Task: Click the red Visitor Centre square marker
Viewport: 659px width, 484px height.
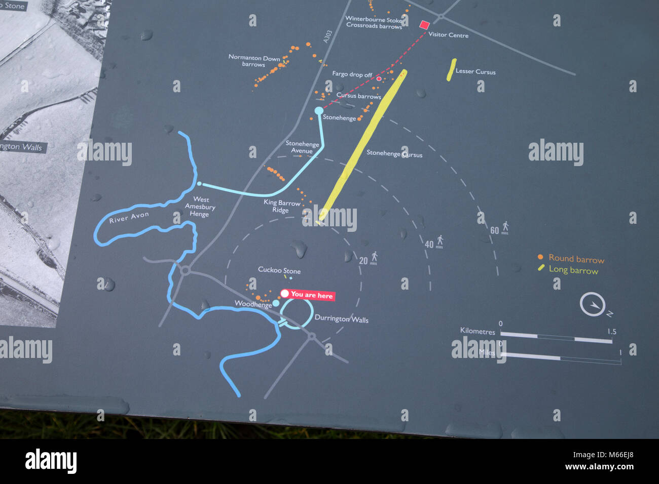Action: point(424,24)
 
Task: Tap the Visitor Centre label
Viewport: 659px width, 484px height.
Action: point(448,35)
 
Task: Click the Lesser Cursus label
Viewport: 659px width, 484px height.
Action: point(475,71)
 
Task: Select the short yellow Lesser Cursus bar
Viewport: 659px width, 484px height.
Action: point(451,69)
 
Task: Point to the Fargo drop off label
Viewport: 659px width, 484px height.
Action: point(352,74)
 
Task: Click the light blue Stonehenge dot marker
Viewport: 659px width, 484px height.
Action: point(318,110)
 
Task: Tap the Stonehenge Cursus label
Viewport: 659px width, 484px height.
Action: point(394,153)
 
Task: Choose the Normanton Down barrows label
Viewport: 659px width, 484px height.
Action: point(254,61)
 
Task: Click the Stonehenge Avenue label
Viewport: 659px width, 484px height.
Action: point(302,147)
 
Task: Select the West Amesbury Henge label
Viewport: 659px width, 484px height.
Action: point(200,207)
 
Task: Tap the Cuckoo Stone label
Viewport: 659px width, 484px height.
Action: point(279,270)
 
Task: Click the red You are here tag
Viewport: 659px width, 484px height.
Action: point(308,295)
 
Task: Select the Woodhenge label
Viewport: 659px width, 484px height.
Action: point(253,304)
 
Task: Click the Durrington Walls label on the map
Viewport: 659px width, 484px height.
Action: point(341,318)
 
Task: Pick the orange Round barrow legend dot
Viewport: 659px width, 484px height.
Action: point(540,257)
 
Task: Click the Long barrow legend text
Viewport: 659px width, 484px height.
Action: point(573,270)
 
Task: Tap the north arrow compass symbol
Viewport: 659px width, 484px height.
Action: point(593,305)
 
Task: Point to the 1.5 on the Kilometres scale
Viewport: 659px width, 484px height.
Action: point(611,332)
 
